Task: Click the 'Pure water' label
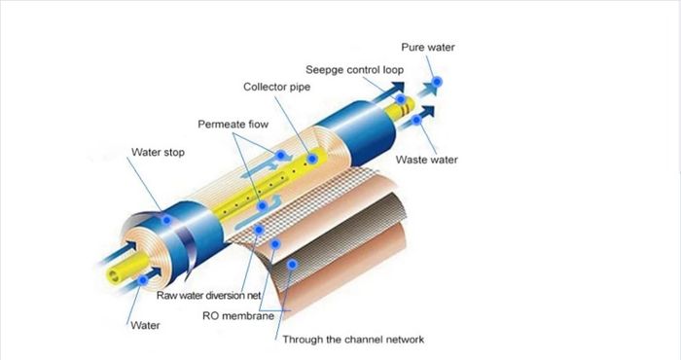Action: click(428, 48)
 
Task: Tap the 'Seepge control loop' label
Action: click(354, 70)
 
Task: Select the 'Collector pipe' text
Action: click(276, 87)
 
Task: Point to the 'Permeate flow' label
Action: click(233, 125)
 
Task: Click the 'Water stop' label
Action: click(158, 152)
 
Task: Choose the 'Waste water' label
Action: click(426, 160)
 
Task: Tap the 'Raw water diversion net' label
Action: click(208, 296)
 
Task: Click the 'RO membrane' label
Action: click(238, 315)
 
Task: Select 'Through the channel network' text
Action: click(353, 340)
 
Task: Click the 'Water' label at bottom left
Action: click(145, 325)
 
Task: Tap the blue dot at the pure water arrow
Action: click(437, 81)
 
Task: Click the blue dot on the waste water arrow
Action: click(416, 120)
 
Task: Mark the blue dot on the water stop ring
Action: click(166, 220)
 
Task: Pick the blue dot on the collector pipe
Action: click(312, 159)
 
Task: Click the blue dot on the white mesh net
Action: click(259, 230)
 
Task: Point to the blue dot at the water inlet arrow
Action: click(142, 280)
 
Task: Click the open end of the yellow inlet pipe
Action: click(114, 275)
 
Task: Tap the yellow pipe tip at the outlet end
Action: click(409, 105)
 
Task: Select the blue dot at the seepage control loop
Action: click(401, 99)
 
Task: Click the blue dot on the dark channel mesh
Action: click(292, 264)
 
